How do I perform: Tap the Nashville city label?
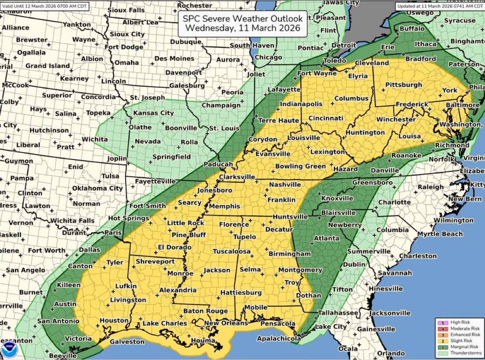[284, 185]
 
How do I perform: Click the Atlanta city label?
[326, 238]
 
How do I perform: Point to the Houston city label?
[114, 320]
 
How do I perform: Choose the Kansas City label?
[153, 113]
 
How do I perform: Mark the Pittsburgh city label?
[403, 85]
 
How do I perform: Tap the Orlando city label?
[391, 353]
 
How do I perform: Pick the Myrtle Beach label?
[440, 234]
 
